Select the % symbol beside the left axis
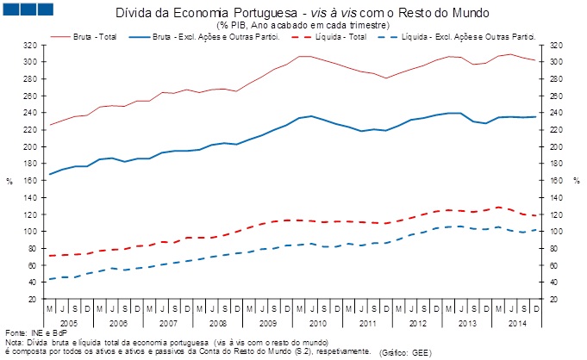coord(10,181)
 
